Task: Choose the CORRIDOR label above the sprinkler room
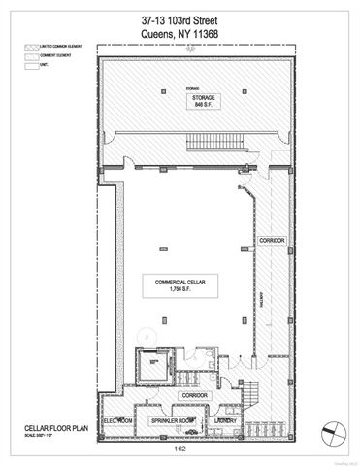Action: (195, 395)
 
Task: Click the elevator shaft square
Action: (150, 368)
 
